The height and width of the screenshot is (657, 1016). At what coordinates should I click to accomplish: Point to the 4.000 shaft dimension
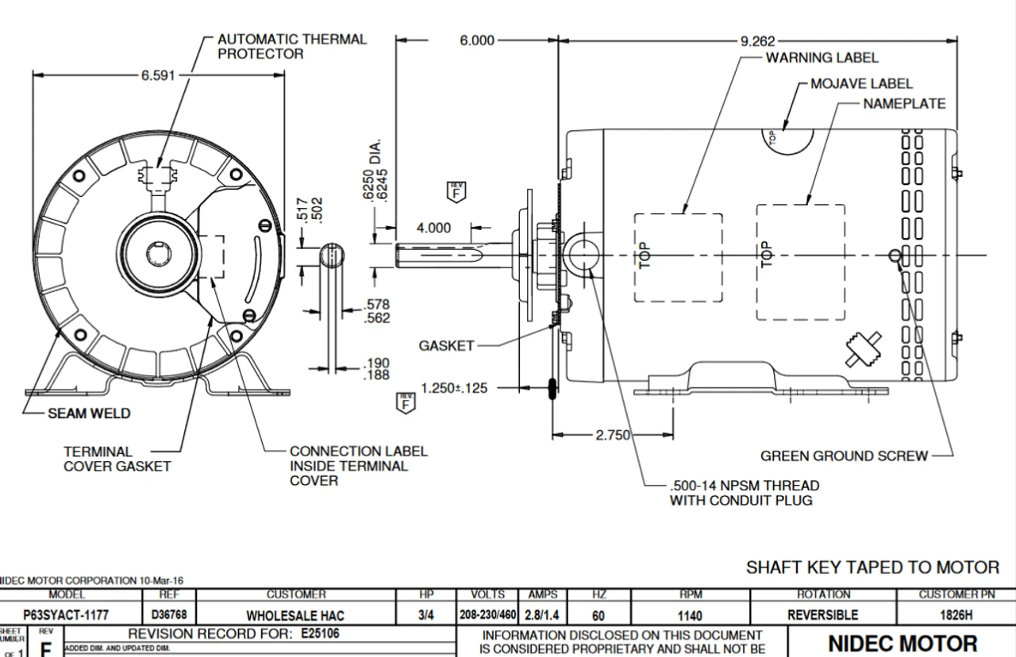pos(433,228)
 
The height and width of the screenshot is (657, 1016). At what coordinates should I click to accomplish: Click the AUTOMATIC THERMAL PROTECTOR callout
pos(292,46)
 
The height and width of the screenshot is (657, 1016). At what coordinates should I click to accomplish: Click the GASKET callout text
pos(446,346)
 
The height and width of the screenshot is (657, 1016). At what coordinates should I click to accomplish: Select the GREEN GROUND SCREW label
pos(844,456)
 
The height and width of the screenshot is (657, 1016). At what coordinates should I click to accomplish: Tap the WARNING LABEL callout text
pos(822,58)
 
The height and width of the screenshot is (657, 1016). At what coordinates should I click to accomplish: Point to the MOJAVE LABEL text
pos(861,83)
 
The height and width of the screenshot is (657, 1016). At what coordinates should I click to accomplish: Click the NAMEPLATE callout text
pos(904,104)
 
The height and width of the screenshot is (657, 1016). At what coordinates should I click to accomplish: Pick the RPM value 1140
pos(690,615)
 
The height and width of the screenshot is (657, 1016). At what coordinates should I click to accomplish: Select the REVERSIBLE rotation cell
pos(824,615)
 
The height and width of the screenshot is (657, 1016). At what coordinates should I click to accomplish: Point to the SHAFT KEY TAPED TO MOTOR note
pos(872,567)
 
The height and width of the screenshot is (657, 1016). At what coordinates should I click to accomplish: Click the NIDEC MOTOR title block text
pos(902,644)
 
